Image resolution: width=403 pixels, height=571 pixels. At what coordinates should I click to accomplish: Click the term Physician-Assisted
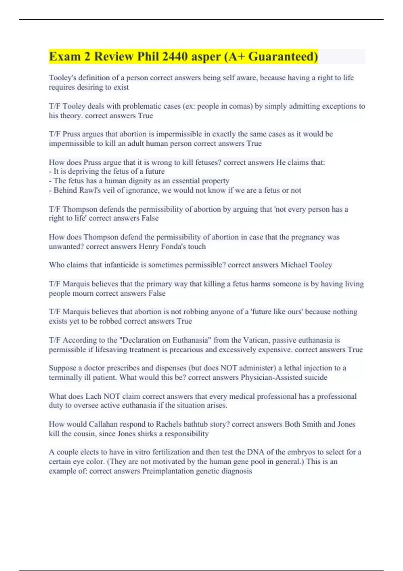pyautogui.click(x=271, y=377)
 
